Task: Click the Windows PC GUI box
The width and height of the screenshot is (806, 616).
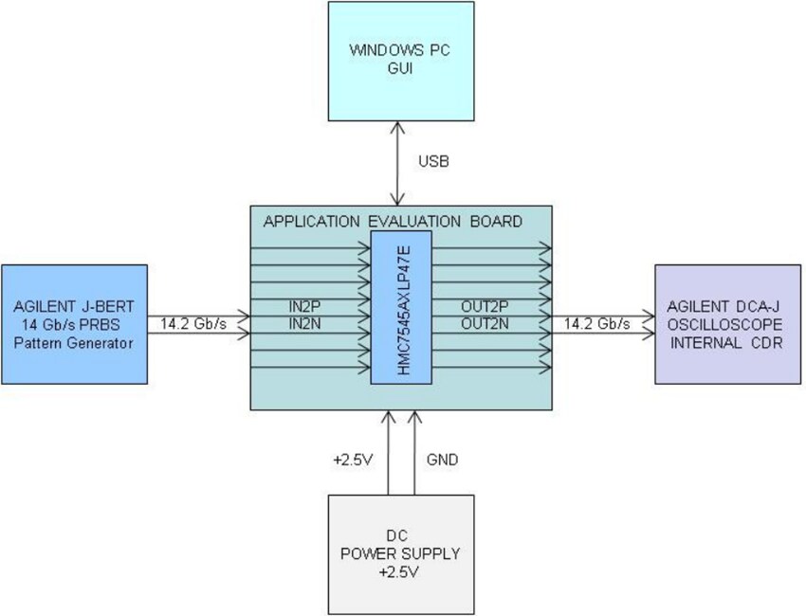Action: [x=400, y=62]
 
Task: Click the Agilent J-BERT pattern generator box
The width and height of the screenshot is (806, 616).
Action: [x=75, y=323]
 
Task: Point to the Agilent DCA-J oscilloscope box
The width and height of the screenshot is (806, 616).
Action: [x=727, y=323]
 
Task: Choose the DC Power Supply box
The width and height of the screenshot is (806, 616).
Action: [x=400, y=553]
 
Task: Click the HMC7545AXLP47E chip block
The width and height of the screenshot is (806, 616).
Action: [x=401, y=307]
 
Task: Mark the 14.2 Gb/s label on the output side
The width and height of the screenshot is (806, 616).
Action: [x=597, y=323]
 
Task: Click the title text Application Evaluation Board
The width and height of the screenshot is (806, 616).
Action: [x=393, y=222]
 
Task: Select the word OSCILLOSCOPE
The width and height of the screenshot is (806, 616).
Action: [x=728, y=324]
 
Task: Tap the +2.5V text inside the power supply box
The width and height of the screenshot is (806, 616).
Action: [x=400, y=572]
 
